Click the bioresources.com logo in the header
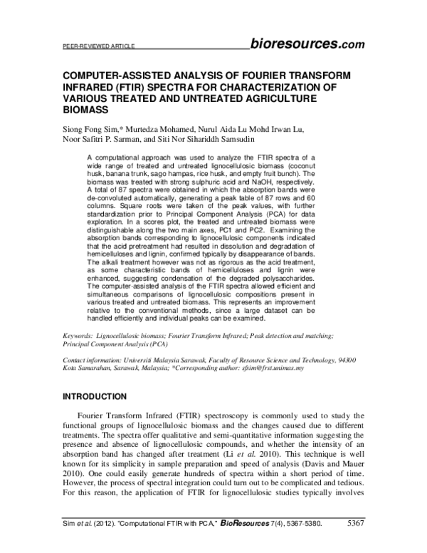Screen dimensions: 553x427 (307, 44)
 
